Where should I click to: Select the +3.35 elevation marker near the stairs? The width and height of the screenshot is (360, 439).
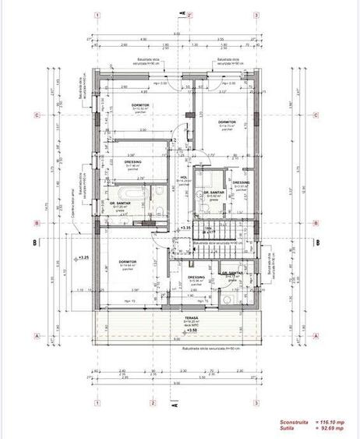tap(185, 228)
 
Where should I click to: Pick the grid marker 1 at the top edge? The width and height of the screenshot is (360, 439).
tap(95, 15)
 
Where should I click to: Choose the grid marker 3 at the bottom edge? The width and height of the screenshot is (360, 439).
tap(256, 402)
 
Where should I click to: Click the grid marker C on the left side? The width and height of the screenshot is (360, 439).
tap(37, 116)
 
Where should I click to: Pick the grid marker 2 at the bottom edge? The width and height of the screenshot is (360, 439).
tap(154, 402)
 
